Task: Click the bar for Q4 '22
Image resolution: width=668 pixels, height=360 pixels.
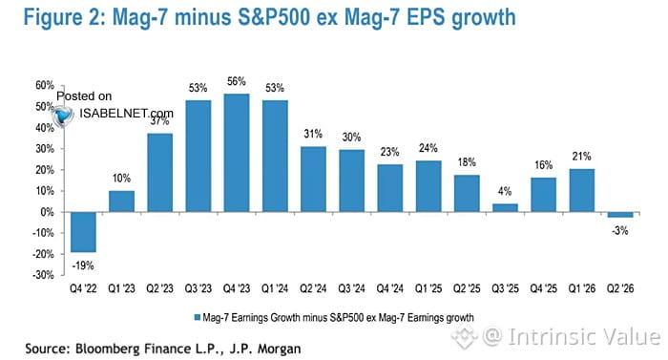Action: click(83, 232)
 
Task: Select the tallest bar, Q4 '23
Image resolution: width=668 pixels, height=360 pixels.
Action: click(237, 153)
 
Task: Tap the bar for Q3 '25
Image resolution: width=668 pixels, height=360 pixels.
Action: click(505, 208)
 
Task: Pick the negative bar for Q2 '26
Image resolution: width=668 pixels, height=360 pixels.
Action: click(620, 215)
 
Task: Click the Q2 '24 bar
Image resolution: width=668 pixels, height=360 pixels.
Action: click(313, 180)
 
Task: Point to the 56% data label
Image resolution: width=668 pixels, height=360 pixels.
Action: click(237, 81)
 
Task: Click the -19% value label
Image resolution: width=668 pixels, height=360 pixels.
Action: click(83, 265)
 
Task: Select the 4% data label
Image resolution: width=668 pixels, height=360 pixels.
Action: click(505, 191)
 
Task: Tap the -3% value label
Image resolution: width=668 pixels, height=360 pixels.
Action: click(620, 231)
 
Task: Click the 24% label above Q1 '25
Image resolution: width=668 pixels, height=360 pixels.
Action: click(428, 148)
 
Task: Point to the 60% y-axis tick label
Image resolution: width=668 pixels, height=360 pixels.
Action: click(45, 85)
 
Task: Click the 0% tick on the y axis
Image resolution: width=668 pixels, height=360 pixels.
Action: click(48, 212)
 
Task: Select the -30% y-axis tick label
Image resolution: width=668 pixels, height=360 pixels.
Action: click(43, 275)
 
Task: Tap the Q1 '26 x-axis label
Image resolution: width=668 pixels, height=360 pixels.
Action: click(581, 288)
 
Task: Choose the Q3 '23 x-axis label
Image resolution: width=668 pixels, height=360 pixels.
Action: click(198, 288)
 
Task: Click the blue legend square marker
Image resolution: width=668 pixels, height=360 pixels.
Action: click(198, 317)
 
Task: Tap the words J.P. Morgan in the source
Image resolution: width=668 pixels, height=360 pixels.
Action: click(265, 349)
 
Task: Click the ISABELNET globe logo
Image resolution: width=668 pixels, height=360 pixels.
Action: click(63, 116)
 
